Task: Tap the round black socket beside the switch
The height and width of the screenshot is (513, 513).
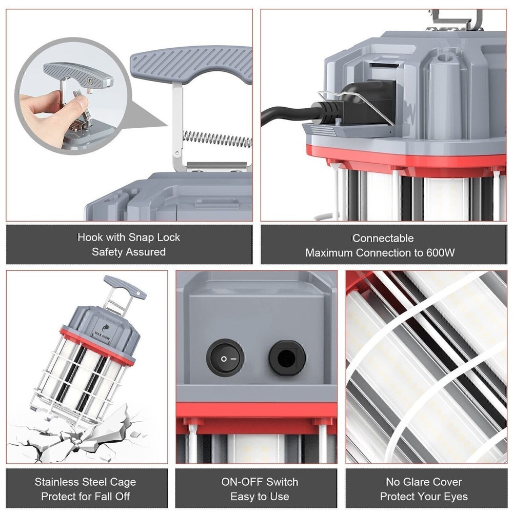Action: pos(287,358)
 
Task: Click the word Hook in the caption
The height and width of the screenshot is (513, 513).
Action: pos(90,238)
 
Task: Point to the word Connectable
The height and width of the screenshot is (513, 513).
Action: pos(383,239)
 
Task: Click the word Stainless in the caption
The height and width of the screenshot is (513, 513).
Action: pos(56,482)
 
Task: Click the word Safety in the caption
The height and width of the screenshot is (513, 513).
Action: pos(109,252)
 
